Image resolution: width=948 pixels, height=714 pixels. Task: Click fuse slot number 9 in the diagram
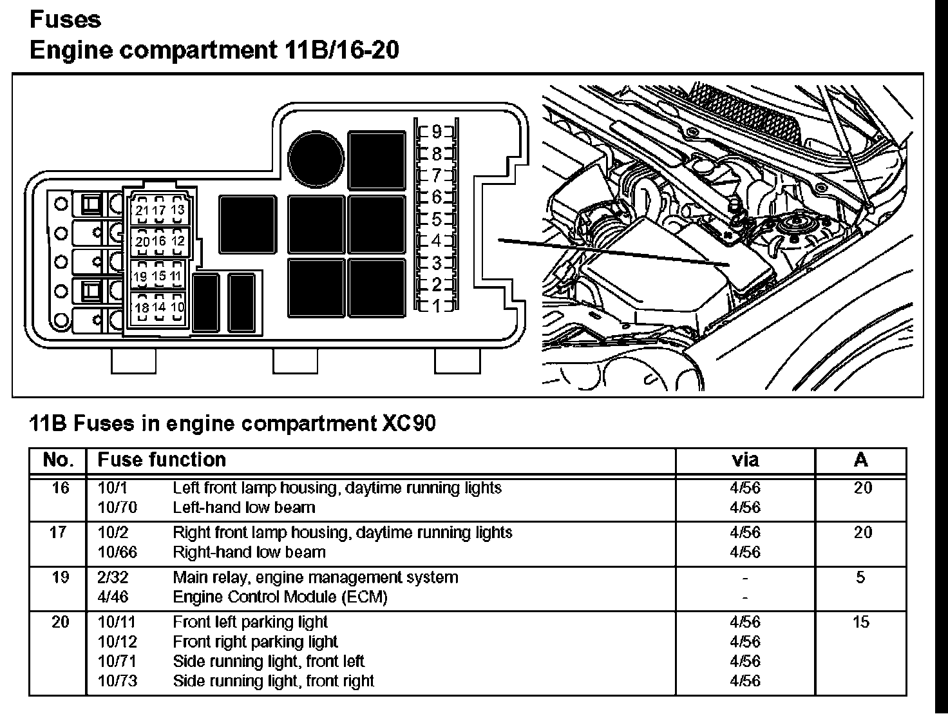437,133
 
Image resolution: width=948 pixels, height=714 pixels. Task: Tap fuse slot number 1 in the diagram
437,305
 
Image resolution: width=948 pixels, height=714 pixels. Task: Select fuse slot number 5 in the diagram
437,219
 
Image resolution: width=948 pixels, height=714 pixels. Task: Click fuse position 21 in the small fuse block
142,211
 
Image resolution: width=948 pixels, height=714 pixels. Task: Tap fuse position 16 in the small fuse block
159,241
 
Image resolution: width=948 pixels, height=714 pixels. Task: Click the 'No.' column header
58,460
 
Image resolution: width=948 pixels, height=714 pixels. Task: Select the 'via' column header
745,460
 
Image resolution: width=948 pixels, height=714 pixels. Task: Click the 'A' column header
860,460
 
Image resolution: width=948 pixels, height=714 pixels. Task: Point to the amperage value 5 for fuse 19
860,577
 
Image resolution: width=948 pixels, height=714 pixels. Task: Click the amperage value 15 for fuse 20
860,622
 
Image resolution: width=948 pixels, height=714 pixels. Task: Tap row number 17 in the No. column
58,533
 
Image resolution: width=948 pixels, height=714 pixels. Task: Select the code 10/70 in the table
117,508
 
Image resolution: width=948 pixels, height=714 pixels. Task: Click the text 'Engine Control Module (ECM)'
280,597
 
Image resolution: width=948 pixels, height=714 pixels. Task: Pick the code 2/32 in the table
113,577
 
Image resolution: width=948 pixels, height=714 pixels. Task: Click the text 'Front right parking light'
255,642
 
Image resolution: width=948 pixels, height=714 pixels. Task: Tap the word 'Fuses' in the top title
65,19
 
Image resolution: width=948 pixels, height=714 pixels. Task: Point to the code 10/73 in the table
117,681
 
